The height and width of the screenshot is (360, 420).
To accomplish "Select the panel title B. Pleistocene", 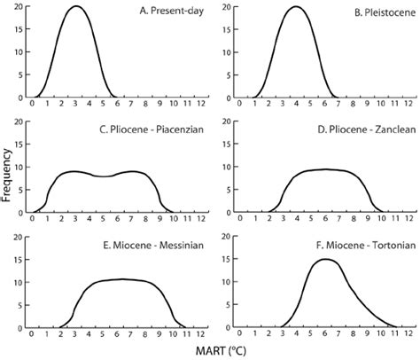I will pyautogui.click(x=369, y=12).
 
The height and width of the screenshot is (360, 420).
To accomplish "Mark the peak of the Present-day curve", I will pyautogui.click(x=76, y=7).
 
